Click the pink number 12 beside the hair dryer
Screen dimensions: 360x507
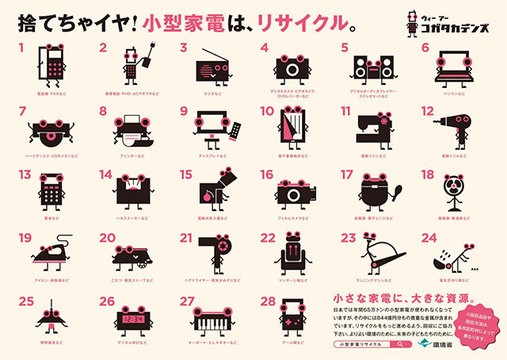click(x=429, y=111)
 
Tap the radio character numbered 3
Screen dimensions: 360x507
click(x=215, y=63)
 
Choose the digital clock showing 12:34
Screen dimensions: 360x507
click(x=132, y=318)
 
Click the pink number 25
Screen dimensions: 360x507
click(x=26, y=301)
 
